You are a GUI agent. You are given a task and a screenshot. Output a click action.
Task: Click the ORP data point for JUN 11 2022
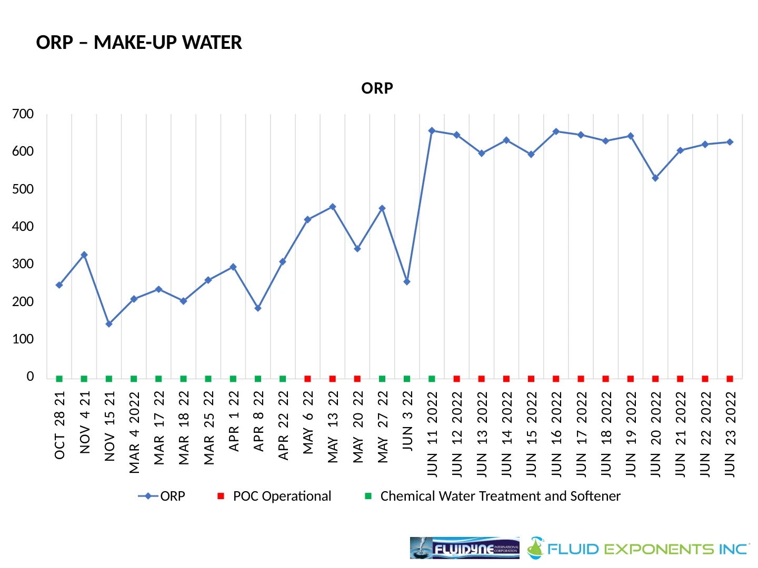click(x=432, y=130)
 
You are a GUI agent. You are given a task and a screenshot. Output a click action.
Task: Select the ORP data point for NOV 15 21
click(x=109, y=324)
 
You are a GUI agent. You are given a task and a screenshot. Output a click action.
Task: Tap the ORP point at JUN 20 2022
click(x=655, y=178)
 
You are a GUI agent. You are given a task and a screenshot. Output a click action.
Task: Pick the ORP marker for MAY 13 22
click(x=332, y=207)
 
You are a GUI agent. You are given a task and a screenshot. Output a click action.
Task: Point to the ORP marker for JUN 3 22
click(x=407, y=282)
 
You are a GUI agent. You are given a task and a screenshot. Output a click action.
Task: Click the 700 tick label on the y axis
click(x=23, y=114)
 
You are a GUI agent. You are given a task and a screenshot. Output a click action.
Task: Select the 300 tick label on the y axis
click(x=23, y=264)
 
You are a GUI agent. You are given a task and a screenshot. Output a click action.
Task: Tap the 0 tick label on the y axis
click(x=30, y=377)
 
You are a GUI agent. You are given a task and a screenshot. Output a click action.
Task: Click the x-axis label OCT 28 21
click(x=59, y=425)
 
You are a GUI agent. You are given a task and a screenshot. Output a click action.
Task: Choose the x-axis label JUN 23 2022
click(x=730, y=434)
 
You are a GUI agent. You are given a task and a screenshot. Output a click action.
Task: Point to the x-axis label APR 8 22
click(x=258, y=421)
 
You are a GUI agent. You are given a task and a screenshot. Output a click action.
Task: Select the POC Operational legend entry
click(x=282, y=496)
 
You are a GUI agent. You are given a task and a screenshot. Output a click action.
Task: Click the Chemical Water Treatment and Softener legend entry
click(x=500, y=496)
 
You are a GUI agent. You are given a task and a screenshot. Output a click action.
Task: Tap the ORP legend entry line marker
click(x=148, y=496)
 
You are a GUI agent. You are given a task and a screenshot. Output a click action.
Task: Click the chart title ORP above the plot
click(x=377, y=88)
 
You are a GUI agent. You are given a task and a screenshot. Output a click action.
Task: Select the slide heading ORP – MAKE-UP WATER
click(x=139, y=43)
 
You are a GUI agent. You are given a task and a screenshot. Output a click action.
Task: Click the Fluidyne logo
click(x=464, y=548)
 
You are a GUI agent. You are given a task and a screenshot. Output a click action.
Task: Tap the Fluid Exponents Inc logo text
click(x=647, y=549)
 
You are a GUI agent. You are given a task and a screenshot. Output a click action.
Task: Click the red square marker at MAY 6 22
click(x=307, y=379)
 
